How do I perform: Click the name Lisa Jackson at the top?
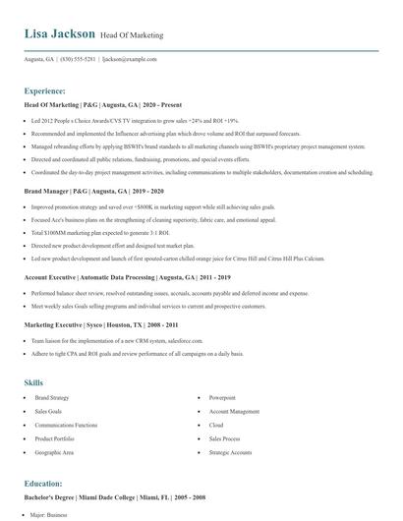click(60, 33)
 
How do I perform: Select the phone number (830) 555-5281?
click(79, 59)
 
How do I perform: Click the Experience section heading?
click(45, 89)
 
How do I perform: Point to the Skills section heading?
click(33, 381)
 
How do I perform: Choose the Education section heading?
click(44, 484)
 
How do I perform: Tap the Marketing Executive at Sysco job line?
click(102, 322)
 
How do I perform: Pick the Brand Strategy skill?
click(51, 397)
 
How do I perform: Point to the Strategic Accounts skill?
click(230, 452)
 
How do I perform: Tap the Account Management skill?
click(234, 411)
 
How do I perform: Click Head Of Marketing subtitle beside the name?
click(132, 35)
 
